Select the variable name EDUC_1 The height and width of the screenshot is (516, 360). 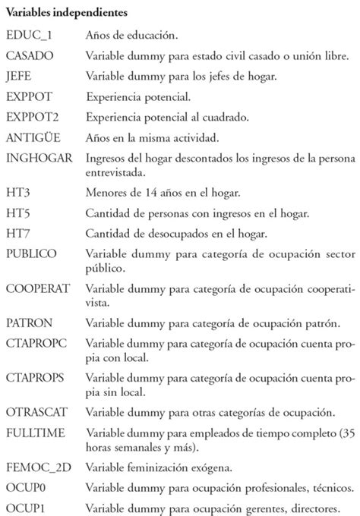(28, 36)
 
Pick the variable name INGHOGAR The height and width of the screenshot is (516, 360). (39, 158)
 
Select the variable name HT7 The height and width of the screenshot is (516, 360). (18, 231)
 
